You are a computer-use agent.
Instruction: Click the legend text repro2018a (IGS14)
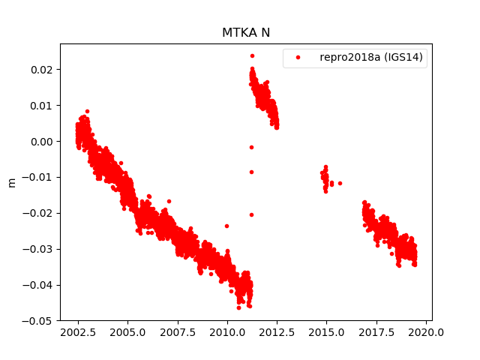click(x=373, y=57)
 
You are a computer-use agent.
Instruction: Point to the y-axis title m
click(x=11, y=182)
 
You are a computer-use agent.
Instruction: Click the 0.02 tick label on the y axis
click(x=41, y=70)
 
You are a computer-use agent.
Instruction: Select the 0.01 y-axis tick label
click(x=41, y=106)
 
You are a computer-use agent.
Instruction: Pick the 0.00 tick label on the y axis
click(x=41, y=142)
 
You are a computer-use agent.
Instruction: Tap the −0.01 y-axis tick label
click(x=38, y=177)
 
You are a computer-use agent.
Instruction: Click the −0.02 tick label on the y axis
click(x=38, y=213)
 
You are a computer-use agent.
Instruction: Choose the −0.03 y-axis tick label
click(x=38, y=249)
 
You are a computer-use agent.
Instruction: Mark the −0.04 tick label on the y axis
click(x=38, y=285)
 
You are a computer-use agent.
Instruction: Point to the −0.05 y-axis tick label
click(x=38, y=321)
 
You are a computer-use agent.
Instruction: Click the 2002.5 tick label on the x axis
click(x=78, y=332)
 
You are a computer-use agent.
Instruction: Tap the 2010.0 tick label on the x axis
click(x=227, y=332)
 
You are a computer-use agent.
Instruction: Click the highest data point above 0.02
click(x=252, y=55)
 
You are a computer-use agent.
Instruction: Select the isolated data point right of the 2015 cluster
click(x=340, y=183)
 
